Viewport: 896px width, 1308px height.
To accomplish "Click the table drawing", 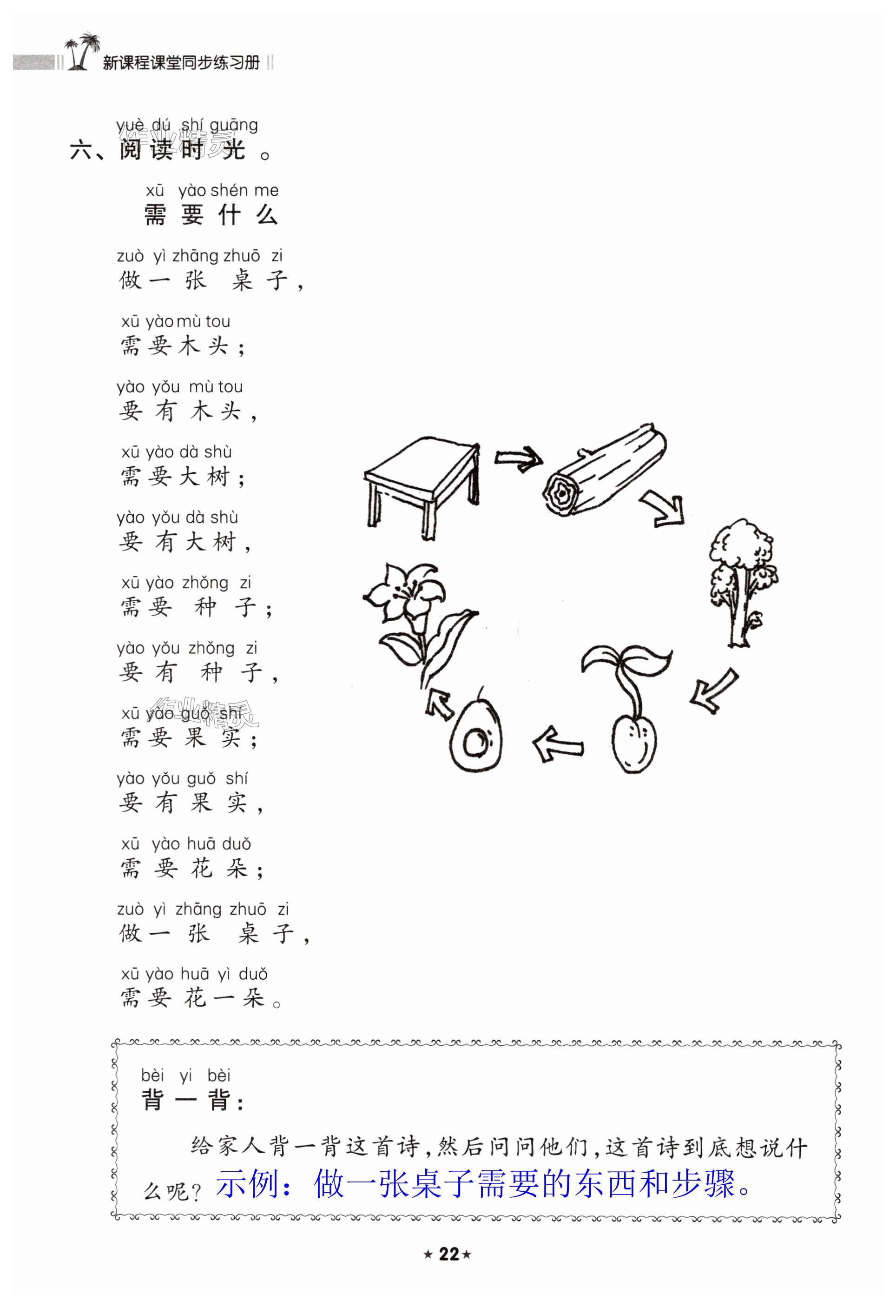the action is [422, 485].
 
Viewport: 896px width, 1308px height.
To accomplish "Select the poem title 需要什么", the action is [211, 215].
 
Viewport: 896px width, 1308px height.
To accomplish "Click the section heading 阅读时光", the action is [183, 150].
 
